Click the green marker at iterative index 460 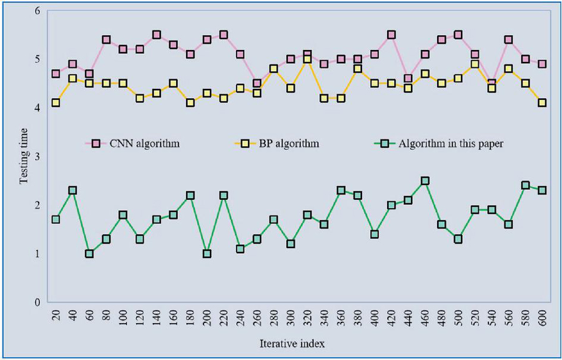click(425, 181)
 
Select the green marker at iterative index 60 click(89, 254)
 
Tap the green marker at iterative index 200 click(207, 254)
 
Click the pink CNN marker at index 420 click(392, 35)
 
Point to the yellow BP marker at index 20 click(56, 103)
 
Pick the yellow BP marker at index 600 click(543, 103)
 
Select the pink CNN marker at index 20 click(56, 74)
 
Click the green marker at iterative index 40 click(72, 191)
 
